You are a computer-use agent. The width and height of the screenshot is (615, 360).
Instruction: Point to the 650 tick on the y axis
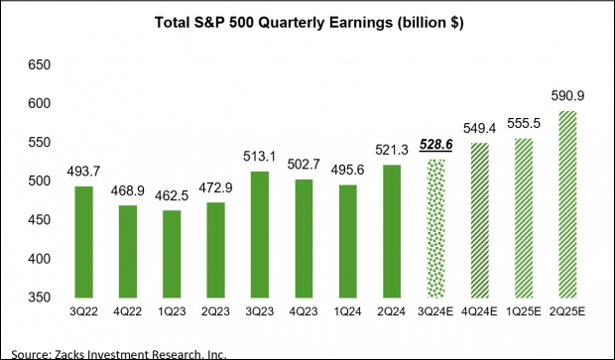tap(37, 65)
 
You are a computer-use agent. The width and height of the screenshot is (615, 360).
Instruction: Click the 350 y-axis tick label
tap(37, 297)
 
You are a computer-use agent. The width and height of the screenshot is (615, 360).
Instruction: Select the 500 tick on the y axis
tap(37, 181)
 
